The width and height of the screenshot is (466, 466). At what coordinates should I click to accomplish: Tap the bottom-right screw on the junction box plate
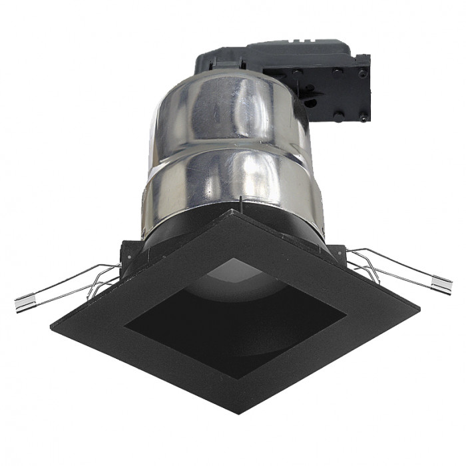[363, 116]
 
